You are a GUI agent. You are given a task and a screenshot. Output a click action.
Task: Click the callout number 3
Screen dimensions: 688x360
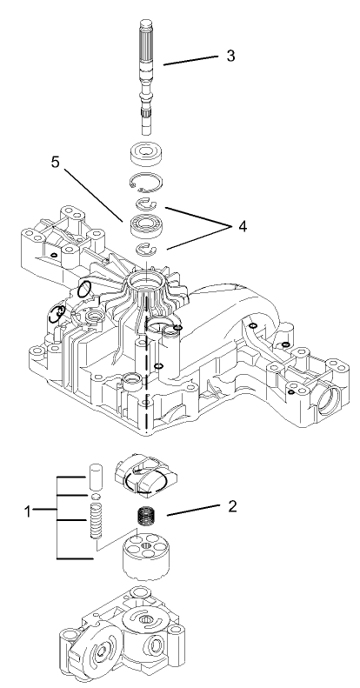pyautogui.click(x=230, y=56)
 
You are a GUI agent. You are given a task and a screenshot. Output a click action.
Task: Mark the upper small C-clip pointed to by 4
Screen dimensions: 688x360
pyautogui.click(x=144, y=205)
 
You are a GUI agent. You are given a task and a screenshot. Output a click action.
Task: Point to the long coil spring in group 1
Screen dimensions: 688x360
pyautogui.click(x=97, y=528)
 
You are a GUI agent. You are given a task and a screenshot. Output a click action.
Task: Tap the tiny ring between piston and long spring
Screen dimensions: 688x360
pyautogui.click(x=97, y=499)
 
